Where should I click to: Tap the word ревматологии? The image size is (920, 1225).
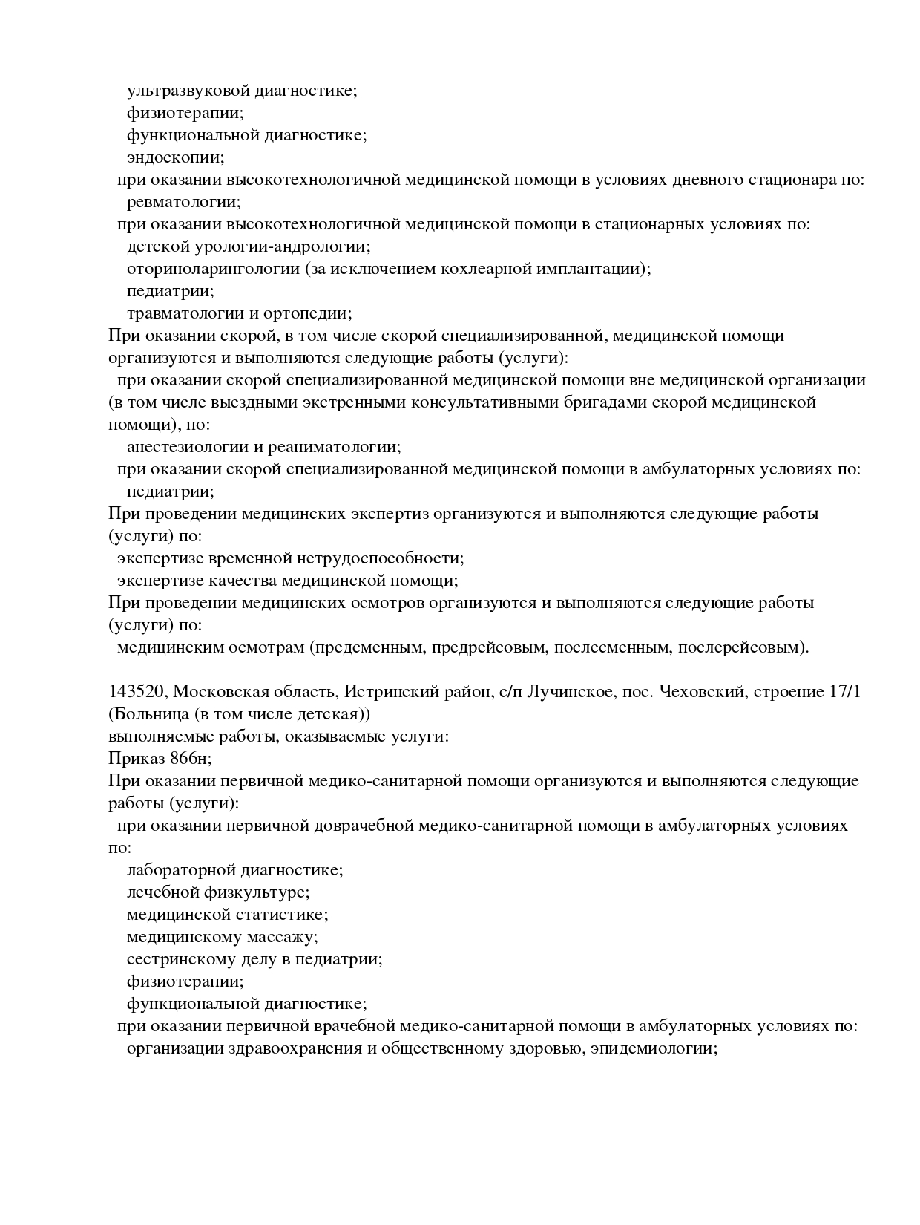pyautogui.click(x=183, y=203)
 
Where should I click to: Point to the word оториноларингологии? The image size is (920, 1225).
pyautogui.click(x=213, y=269)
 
